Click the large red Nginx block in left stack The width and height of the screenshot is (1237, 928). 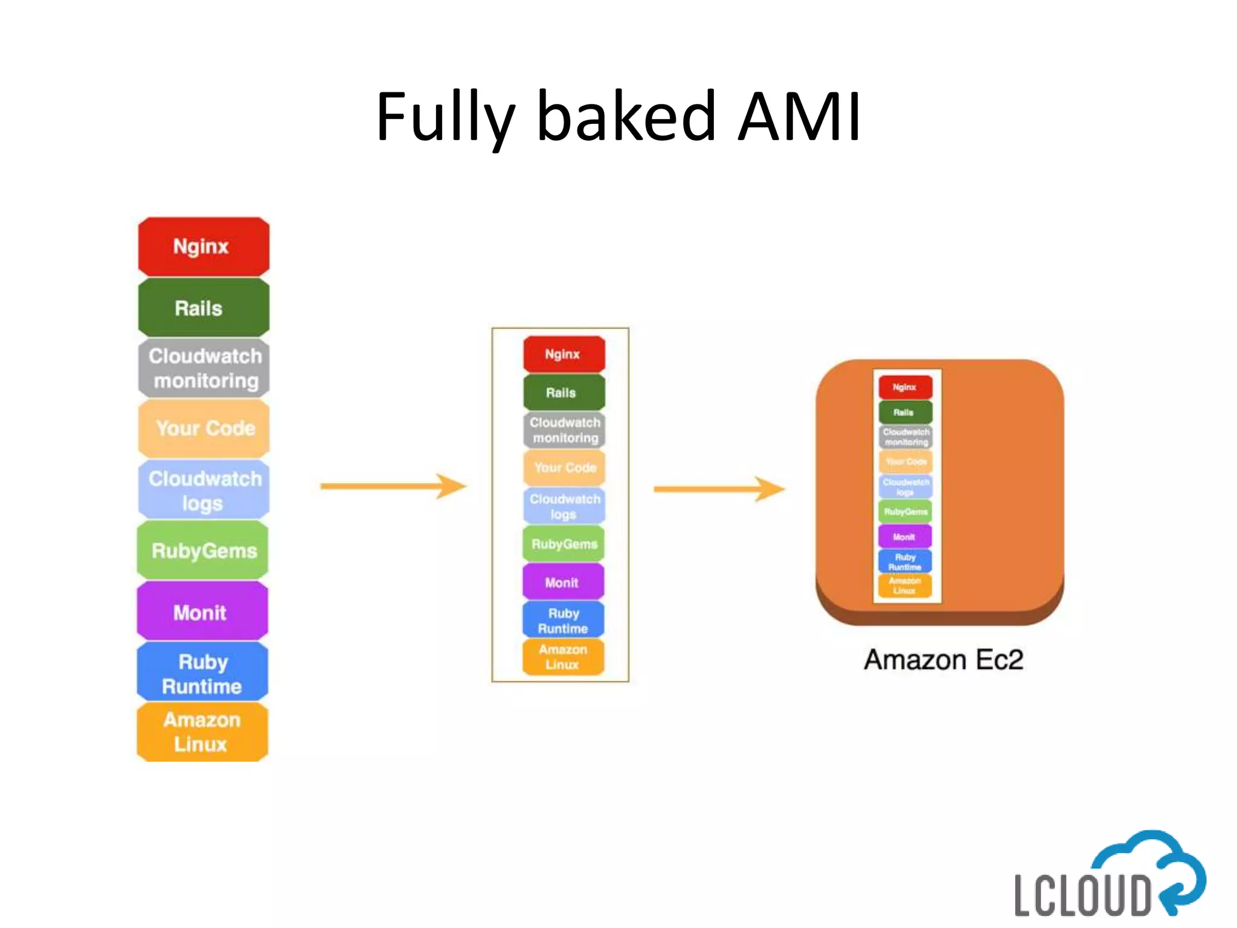[204, 246]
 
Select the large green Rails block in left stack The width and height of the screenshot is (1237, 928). [204, 308]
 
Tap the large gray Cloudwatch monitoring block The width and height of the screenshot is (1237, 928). [204, 368]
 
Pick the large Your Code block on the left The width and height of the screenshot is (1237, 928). [204, 428]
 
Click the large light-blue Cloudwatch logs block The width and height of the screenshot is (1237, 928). [204, 490]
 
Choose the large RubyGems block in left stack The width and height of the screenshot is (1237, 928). [204, 550]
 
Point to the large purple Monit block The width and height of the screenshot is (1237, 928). [202, 612]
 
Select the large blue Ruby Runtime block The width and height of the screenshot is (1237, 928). [202, 672]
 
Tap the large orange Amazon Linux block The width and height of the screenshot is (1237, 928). [202, 732]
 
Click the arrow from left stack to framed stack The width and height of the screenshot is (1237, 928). [393, 486]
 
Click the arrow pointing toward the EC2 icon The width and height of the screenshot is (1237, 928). [719, 489]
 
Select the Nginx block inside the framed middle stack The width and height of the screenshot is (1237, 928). [564, 354]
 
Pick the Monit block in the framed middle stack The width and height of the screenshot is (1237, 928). [563, 582]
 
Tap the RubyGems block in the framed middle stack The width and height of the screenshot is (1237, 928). [564, 544]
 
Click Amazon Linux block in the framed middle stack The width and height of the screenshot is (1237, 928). [563, 657]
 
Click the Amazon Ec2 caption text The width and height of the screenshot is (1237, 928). [943, 659]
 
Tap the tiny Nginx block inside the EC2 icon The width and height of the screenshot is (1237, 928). [905, 387]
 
